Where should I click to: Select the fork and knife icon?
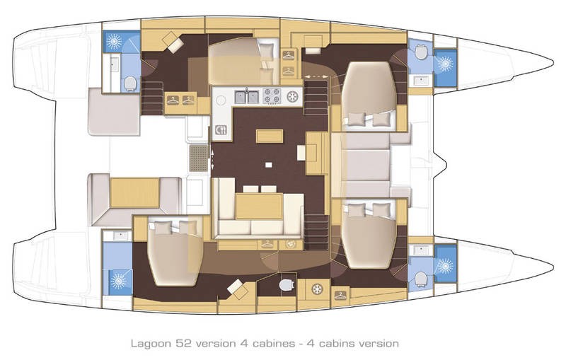pos(220,129)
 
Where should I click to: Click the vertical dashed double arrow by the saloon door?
pos(213,158)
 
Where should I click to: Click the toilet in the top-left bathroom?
pos(129,84)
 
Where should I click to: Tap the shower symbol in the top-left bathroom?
pos(113,41)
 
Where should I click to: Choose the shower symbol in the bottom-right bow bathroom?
pos(444,267)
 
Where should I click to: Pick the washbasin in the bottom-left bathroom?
pos(117,236)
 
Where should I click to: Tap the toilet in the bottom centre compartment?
pos(287,284)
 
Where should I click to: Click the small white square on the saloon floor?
pos(268,165)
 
